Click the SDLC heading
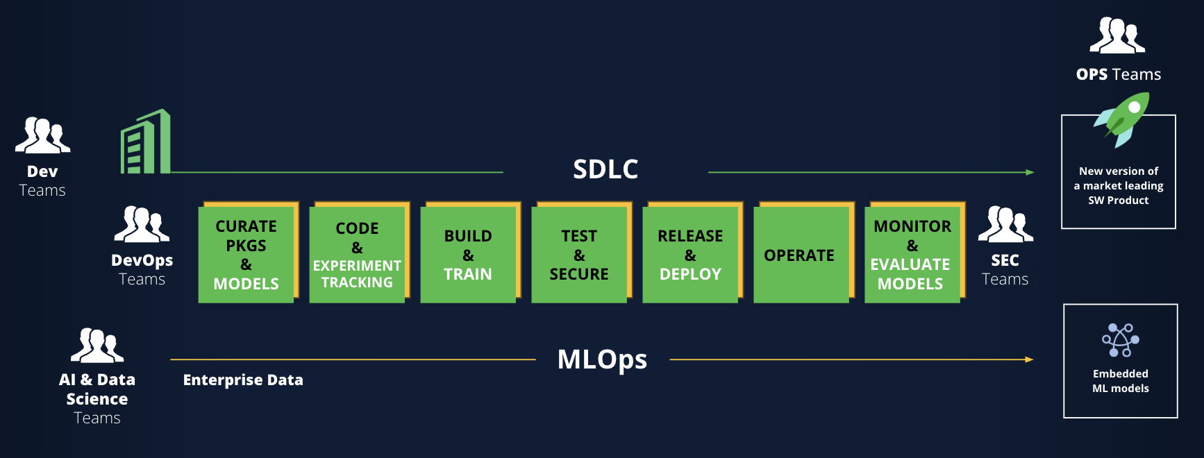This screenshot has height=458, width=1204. [x=605, y=169]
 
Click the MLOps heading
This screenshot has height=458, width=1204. [x=602, y=359]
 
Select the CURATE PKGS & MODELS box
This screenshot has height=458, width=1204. [x=246, y=255]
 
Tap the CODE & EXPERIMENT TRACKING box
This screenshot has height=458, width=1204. [x=357, y=255]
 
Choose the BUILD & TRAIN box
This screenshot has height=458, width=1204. [x=468, y=255]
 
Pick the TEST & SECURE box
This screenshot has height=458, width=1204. [x=579, y=255]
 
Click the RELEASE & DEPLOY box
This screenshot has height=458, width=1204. [x=690, y=255]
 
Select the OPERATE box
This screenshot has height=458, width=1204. [x=800, y=255]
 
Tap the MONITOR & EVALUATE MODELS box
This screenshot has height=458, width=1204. [x=912, y=255]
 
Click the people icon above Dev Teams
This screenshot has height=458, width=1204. [x=42, y=135]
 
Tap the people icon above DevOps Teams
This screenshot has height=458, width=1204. [x=142, y=224]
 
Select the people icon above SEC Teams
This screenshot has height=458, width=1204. [x=1005, y=224]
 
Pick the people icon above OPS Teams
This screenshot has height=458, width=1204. [x=1117, y=36]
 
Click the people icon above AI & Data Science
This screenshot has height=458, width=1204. [x=97, y=346]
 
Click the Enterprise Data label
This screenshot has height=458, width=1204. [x=243, y=380]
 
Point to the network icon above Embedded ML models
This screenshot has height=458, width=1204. [x=1120, y=340]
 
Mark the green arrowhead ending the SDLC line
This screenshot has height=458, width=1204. [x=1030, y=172]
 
